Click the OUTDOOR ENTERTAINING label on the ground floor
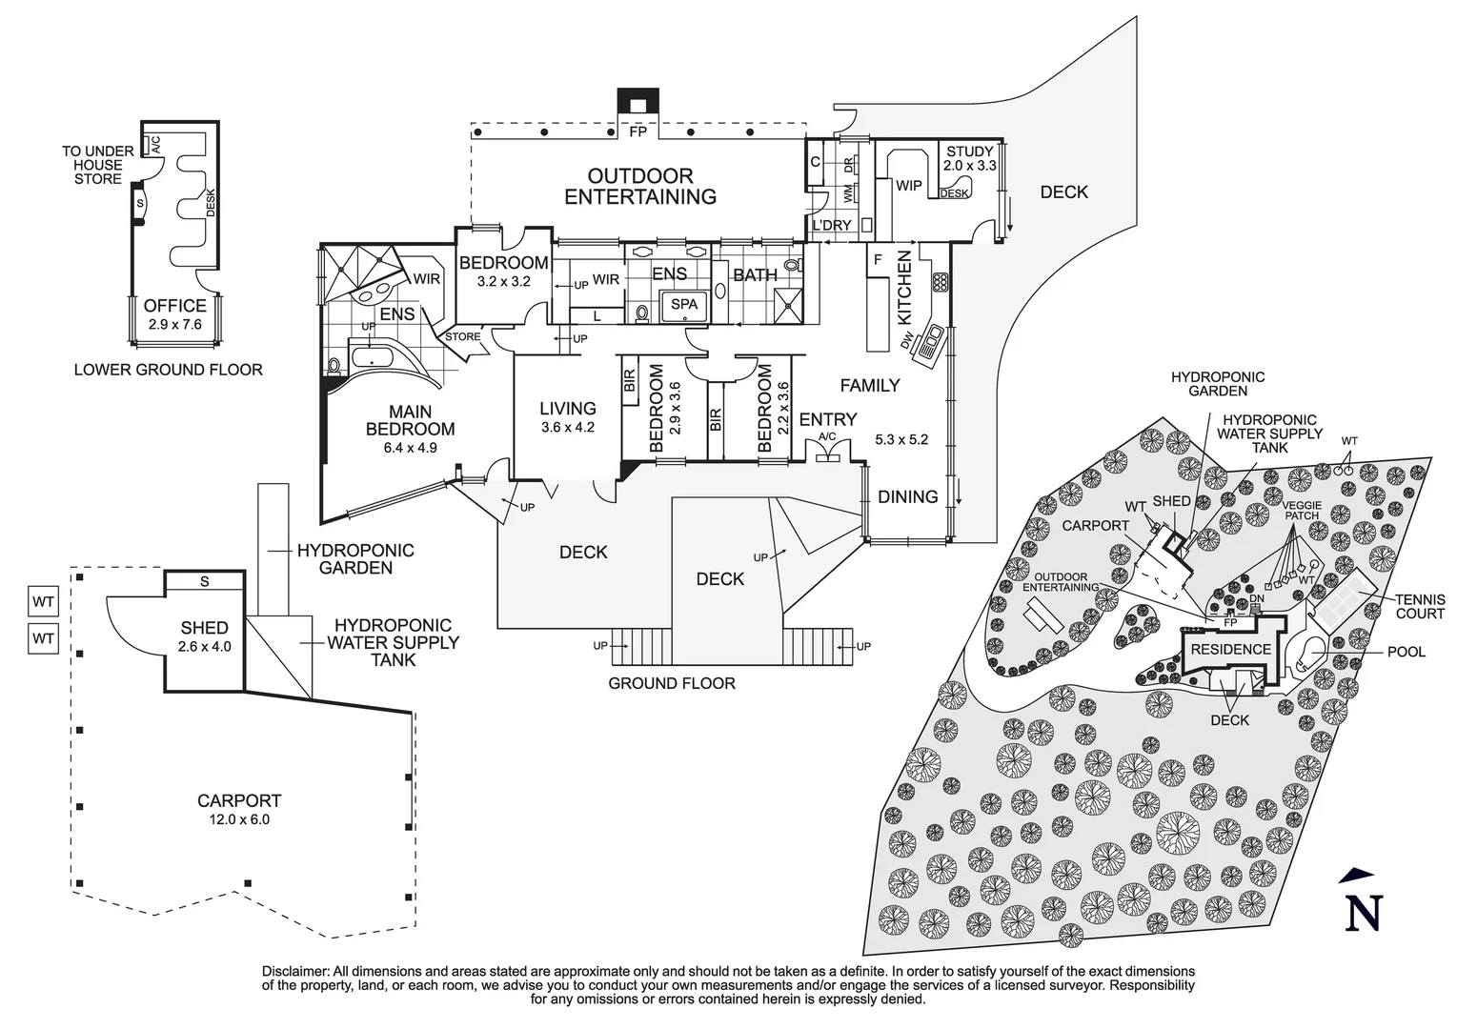(x=639, y=187)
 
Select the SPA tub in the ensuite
(x=684, y=305)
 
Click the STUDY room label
(x=970, y=151)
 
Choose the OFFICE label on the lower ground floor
(x=175, y=306)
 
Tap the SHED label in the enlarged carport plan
(x=205, y=628)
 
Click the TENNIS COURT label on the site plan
(x=1419, y=606)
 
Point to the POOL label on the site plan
(x=1406, y=652)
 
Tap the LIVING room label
(x=567, y=410)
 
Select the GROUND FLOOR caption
(x=671, y=683)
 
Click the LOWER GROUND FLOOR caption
(x=168, y=370)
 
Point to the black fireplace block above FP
(x=637, y=102)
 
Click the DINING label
(x=907, y=496)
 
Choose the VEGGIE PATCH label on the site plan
(x=1301, y=510)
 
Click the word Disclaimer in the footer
(x=295, y=971)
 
